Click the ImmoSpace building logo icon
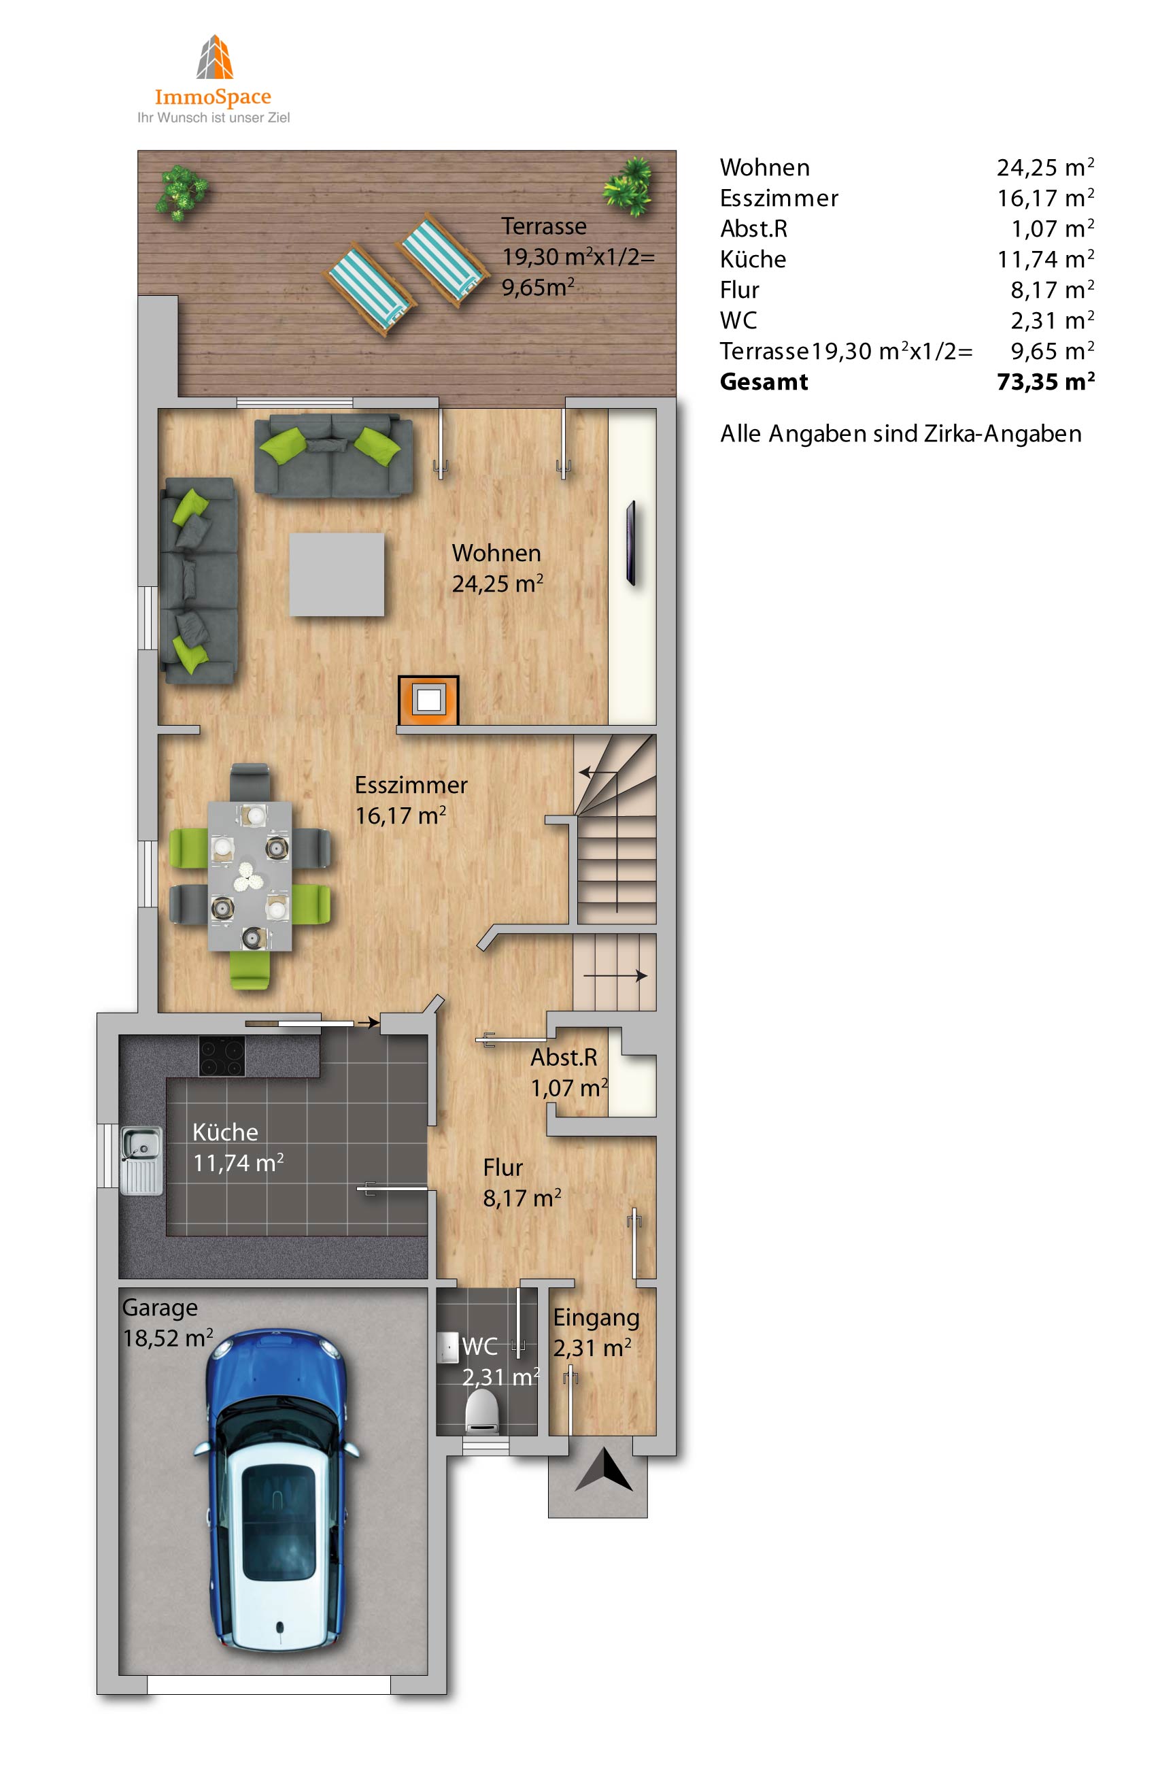tap(214, 56)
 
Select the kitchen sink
tap(141, 1161)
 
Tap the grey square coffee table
tap(337, 575)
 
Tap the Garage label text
tap(160, 1308)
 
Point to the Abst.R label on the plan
tap(564, 1057)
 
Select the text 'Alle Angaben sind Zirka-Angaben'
tap(901, 433)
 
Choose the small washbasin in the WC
tap(448, 1347)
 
